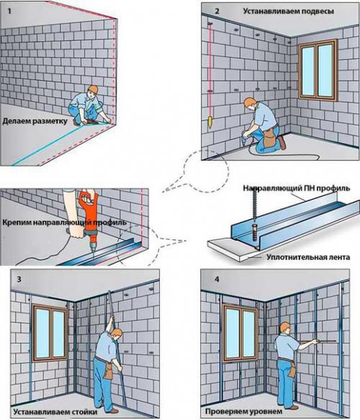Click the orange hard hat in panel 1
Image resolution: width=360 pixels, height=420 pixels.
pyautogui.click(x=93, y=89)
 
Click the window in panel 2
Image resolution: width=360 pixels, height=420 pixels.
pyautogui.click(x=318, y=70)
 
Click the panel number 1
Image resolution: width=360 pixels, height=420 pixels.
pyautogui.click(x=9, y=12)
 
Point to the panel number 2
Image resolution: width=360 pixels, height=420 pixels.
pyautogui.click(x=217, y=11)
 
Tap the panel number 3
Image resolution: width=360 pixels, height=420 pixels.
pyautogui.click(x=19, y=279)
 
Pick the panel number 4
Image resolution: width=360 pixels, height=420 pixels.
pyautogui.click(x=217, y=279)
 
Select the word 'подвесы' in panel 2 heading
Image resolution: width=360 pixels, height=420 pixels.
pyautogui.click(x=318, y=12)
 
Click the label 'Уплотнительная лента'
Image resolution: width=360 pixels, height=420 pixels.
pyautogui.click(x=308, y=257)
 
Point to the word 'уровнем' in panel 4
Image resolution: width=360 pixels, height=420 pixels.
pyautogui.click(x=265, y=411)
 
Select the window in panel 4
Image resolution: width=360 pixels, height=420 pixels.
pyautogui.click(x=241, y=334)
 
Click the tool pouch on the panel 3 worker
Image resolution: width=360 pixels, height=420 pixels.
pyautogui.click(x=108, y=371)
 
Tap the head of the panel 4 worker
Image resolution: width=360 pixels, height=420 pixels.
pyautogui.click(x=285, y=328)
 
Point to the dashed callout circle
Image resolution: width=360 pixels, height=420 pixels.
pyautogui.click(x=206, y=170)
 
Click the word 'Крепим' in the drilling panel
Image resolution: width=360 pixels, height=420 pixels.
pyautogui.click(x=17, y=223)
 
